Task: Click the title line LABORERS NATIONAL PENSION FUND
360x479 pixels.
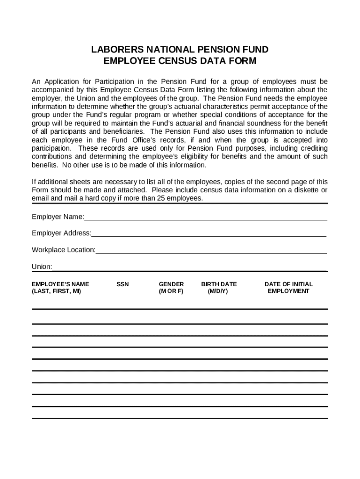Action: (180, 50)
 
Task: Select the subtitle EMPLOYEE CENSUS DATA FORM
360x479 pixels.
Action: (180, 61)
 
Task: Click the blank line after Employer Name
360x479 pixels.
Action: (206, 217)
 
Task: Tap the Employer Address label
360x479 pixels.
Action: (61, 233)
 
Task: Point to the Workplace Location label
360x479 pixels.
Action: (64, 250)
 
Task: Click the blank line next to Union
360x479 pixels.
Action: (189, 267)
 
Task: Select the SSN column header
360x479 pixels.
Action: (122, 284)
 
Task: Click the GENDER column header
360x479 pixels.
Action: (171, 284)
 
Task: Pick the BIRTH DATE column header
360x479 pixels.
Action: (219, 284)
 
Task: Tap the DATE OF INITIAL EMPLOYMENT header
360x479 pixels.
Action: (288, 287)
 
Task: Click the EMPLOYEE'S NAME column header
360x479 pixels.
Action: (60, 284)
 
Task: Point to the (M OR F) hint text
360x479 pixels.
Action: (171, 291)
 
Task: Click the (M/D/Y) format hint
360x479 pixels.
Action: (218, 291)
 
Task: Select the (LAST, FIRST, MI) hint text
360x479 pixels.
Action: (56, 291)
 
